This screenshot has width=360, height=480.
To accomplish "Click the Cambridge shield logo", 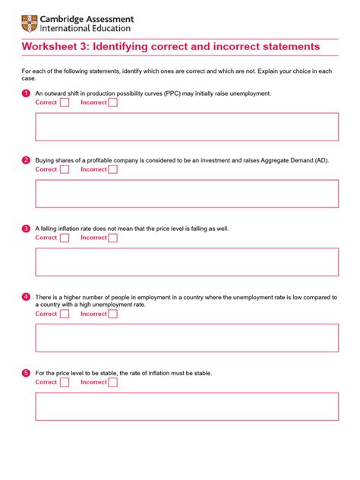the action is coord(29,24).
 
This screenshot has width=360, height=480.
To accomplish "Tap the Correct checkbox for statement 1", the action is coord(65,103).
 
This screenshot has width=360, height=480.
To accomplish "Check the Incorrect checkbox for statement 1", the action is coord(112,103).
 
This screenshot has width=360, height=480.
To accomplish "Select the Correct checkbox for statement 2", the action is coord(65,169).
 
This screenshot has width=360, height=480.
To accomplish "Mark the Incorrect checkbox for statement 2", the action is coord(112,169).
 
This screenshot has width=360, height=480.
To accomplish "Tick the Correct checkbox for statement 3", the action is coord(65,238).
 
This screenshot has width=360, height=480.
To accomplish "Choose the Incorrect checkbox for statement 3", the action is coord(112,238).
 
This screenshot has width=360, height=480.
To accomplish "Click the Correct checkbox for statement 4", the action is coord(65,314).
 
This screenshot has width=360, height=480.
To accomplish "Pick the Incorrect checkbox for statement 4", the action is coord(112,314).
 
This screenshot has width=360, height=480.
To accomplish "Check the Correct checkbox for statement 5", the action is coord(65,382).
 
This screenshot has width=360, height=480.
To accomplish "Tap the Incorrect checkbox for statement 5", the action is coord(112,382).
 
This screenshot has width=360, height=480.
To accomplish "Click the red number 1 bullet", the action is coord(26,93).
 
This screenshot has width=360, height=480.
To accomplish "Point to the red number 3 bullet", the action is coord(26,228).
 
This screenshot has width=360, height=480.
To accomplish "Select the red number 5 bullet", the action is coord(26,373).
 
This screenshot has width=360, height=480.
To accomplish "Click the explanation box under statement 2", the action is coord(187,194).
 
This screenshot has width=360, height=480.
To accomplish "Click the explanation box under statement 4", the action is coord(187,338).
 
